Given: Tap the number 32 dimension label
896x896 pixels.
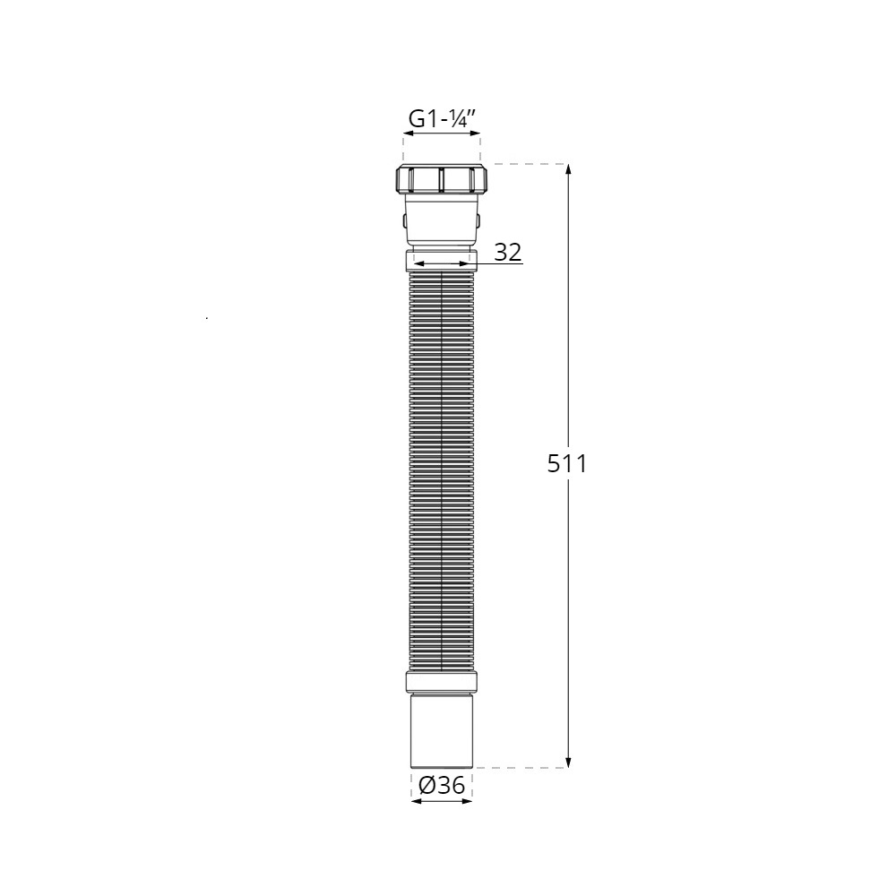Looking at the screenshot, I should coord(508,253).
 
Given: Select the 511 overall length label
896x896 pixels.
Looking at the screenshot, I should coord(567,464).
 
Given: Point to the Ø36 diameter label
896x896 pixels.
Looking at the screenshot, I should coord(442,786).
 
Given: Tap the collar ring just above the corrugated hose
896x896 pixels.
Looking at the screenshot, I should coord(441,262).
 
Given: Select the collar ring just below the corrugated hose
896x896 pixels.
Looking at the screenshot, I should coord(441,681).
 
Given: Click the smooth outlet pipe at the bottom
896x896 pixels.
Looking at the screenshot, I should coord(441,730).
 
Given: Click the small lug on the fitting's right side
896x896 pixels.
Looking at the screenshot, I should coord(479,219).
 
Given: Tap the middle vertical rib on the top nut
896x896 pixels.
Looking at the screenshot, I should coord(441,180).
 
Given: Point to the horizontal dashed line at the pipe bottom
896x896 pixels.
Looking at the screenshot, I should coord(520,768).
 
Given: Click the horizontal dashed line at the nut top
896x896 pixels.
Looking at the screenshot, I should coord(524,164).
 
